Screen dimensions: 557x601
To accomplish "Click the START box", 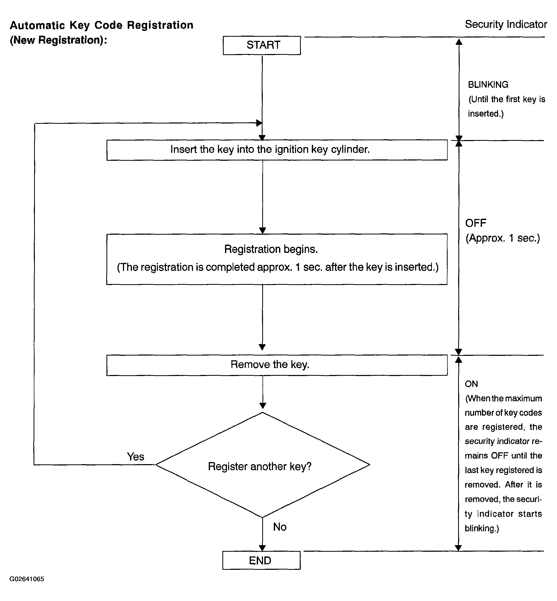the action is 262,45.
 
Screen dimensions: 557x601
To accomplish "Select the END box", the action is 261,560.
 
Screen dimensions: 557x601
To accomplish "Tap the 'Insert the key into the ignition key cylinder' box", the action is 277,150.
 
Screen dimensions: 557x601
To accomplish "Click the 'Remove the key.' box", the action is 277,365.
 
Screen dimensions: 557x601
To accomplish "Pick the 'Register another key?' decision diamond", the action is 262,465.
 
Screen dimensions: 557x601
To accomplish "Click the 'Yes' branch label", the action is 136,457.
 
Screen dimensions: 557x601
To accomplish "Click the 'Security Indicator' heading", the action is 506,24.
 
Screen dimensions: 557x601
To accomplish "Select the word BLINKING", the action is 488,85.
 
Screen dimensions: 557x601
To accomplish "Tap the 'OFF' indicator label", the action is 476,223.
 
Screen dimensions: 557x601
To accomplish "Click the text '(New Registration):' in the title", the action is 58,40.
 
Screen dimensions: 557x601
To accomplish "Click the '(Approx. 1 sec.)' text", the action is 503,238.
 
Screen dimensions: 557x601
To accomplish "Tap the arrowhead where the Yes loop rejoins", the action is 259,123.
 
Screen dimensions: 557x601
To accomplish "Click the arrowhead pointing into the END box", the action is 262,548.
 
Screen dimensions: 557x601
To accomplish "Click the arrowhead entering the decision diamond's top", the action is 263,406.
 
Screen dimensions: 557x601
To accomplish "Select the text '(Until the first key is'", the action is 507,99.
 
